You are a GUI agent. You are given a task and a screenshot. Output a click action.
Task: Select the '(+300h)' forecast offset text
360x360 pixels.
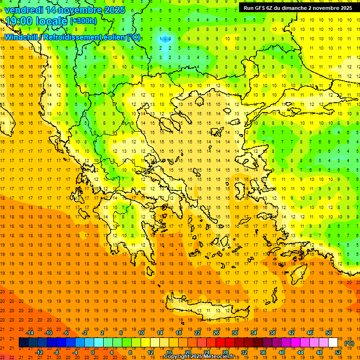83,21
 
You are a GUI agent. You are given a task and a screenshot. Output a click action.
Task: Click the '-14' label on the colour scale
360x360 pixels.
30,333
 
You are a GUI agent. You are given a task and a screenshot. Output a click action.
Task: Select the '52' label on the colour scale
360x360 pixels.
338,352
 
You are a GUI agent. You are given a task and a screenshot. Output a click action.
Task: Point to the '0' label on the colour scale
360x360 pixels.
92,352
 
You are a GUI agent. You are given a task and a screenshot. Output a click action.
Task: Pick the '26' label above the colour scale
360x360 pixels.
216,333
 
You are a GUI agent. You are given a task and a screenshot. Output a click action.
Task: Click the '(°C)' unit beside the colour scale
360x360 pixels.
349,343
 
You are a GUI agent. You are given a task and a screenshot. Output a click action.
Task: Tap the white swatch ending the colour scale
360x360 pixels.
333,343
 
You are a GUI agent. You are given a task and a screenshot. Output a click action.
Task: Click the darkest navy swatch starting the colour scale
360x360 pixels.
24,343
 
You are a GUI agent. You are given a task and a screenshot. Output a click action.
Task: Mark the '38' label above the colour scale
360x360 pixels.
272,333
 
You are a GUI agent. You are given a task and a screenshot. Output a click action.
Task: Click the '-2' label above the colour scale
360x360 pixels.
85,333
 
